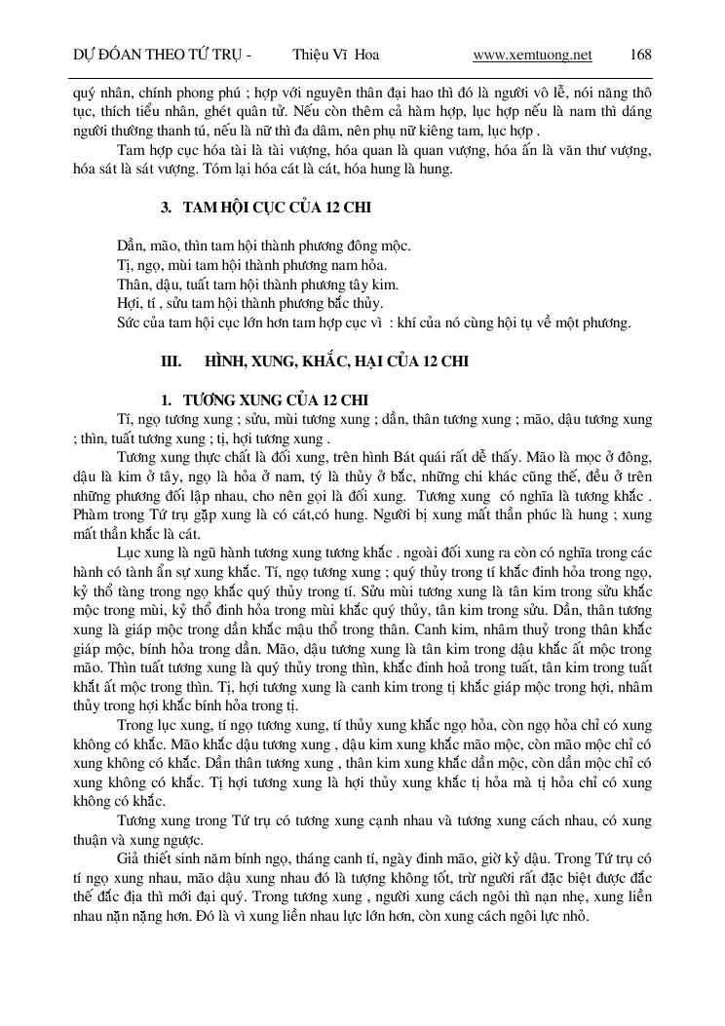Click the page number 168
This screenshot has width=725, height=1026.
641,55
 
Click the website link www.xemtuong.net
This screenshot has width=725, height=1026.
532,55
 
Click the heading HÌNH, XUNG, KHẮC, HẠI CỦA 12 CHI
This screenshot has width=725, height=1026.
336,361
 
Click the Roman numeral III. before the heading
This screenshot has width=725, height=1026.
172,361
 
